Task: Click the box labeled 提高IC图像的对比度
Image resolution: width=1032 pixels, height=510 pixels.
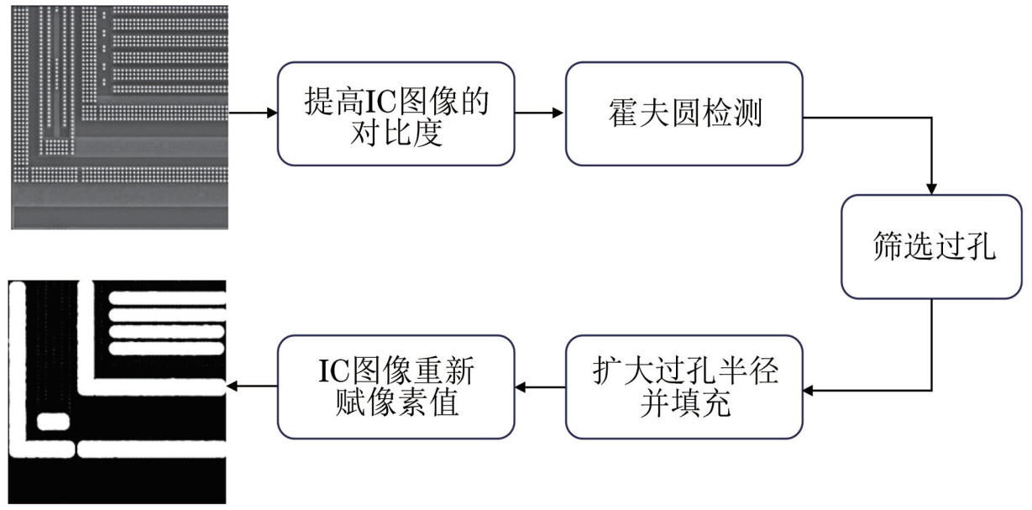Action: coord(396,113)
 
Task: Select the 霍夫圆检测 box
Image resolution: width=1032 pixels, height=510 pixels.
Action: coord(684,113)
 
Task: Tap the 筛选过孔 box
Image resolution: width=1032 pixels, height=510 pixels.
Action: coord(932,247)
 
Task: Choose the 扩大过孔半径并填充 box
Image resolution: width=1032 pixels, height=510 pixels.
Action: coord(684,386)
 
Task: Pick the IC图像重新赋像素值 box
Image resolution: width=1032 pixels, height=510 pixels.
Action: coord(396,386)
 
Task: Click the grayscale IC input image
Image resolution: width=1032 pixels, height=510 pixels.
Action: coord(118,116)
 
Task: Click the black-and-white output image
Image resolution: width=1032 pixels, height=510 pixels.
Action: coord(118,392)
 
